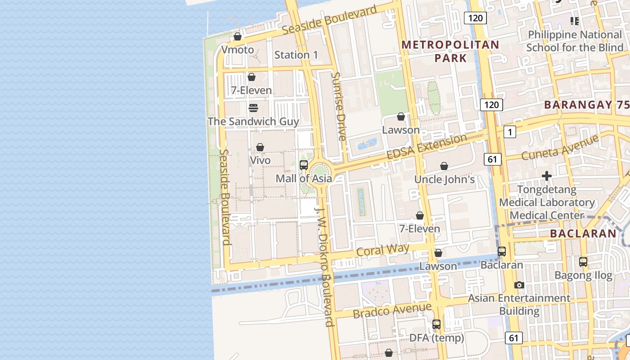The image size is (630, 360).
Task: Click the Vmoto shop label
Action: (x=238, y=49)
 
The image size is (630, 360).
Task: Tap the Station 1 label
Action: (x=296, y=55)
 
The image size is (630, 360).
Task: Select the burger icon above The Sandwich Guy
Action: (x=253, y=108)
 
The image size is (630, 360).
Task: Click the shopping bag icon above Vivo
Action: (x=260, y=147)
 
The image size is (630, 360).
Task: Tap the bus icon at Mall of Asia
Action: (x=304, y=165)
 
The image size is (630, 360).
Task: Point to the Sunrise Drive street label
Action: (x=338, y=106)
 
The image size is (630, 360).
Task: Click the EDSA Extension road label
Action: (x=427, y=147)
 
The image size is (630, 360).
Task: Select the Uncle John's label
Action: (x=444, y=180)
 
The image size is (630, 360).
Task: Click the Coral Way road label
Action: (x=382, y=250)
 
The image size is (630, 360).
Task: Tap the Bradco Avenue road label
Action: (x=392, y=310)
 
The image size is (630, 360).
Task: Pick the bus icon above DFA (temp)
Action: (x=436, y=324)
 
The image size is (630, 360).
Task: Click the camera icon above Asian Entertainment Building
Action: (x=519, y=285)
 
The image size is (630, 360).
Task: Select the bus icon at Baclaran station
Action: (x=502, y=252)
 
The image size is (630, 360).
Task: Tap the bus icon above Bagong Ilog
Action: (x=583, y=261)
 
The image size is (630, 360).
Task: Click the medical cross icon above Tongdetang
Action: (x=547, y=176)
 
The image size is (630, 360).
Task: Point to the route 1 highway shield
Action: (x=509, y=132)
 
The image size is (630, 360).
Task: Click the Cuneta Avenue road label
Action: (x=560, y=147)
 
